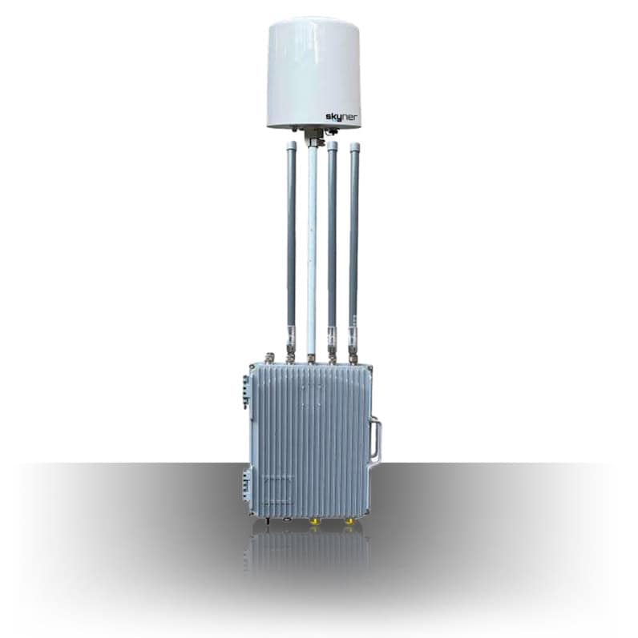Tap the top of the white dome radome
click(x=314, y=20)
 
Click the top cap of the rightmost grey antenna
click(x=355, y=146)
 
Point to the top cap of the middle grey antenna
click(x=332, y=145)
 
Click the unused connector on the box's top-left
click(x=269, y=358)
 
